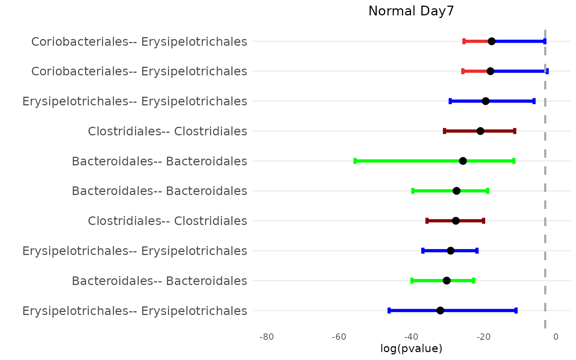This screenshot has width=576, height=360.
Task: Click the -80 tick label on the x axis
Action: click(267, 337)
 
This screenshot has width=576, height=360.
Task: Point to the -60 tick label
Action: click(339, 337)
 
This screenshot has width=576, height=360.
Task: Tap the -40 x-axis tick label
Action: click(411, 337)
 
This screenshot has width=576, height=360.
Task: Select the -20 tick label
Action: click(483, 337)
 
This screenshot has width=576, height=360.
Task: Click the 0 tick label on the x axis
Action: click(556, 337)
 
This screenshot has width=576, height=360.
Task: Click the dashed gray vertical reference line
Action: click(545, 176)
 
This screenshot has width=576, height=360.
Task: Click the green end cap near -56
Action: click(355, 161)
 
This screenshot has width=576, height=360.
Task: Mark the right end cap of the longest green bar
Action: click(514, 161)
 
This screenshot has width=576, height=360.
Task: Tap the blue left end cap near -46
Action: click(389, 310)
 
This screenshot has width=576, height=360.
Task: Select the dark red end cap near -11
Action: click(514, 131)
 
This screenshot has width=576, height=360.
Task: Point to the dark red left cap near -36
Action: click(427, 220)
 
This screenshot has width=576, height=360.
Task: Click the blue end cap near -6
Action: click(534, 101)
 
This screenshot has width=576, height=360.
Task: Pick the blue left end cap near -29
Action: click(450, 101)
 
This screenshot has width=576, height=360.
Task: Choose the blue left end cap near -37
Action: click(423, 250)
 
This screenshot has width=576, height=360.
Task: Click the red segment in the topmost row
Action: click(476, 41)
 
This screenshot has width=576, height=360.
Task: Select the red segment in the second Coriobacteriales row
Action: click(475, 71)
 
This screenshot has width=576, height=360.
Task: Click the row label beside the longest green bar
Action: click(159, 161)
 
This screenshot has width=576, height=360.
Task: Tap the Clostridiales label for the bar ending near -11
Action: click(167, 131)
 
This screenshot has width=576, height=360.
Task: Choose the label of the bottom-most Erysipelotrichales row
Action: click(135, 311)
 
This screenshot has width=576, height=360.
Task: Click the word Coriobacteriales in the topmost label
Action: click(80, 42)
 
